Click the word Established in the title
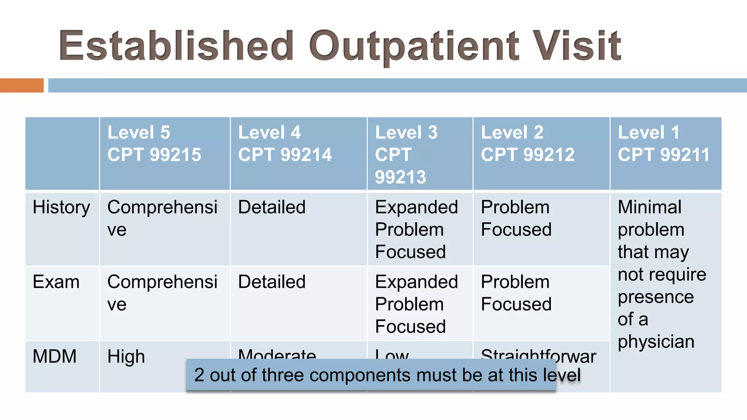point(177,46)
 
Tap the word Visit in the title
point(578,46)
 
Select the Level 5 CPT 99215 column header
point(154,144)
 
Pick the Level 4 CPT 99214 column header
point(285,144)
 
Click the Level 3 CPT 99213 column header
point(406,155)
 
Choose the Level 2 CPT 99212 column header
point(527,144)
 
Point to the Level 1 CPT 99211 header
point(663,144)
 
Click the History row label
point(61,207)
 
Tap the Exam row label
point(56,282)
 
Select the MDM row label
point(55,357)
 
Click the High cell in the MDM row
point(126,357)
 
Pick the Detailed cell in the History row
point(272,207)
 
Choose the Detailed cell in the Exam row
point(272,282)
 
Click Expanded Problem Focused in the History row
point(416,229)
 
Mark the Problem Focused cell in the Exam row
point(516,293)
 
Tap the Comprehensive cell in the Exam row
point(162,293)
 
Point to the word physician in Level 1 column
point(656,342)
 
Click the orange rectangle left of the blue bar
point(22,85)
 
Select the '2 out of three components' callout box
point(371,375)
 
